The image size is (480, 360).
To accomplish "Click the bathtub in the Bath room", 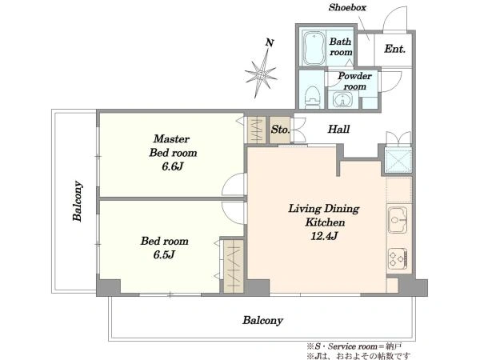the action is click(x=313, y=48).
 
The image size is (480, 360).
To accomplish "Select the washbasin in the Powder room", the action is click(x=342, y=99).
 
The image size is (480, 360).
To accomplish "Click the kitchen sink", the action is click(x=398, y=220).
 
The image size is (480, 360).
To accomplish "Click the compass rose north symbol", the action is click(x=261, y=74).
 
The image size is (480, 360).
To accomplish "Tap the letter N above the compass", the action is click(x=269, y=42).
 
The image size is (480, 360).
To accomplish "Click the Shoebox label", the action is click(x=347, y=7).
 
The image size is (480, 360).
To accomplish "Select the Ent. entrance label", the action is click(x=395, y=49).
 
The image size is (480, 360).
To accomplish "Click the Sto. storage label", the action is click(x=280, y=130).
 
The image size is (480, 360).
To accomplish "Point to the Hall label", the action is click(x=338, y=129).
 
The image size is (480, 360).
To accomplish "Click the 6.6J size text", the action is click(x=173, y=166).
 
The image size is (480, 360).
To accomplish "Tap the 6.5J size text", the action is click(x=164, y=254).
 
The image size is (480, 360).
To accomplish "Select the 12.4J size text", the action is click(x=324, y=236).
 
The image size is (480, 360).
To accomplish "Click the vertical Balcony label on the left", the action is click(x=77, y=201).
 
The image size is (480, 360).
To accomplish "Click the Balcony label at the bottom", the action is click(x=262, y=321).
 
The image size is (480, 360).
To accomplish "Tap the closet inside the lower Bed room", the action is click(x=234, y=266).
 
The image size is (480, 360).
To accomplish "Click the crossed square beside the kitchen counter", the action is click(x=398, y=161).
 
